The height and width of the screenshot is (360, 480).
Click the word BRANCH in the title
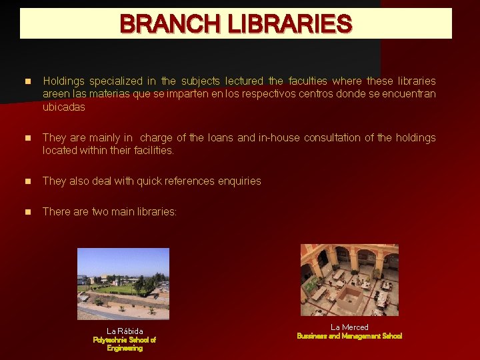[x=171, y=25]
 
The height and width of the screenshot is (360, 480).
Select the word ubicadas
[x=63, y=107]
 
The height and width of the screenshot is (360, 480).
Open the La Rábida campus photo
[x=123, y=283]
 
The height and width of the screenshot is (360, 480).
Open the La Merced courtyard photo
[x=349, y=279]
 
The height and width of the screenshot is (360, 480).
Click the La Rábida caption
[x=125, y=331]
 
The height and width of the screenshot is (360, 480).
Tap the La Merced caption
[x=349, y=327]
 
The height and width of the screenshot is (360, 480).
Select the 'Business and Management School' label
[x=349, y=336]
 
